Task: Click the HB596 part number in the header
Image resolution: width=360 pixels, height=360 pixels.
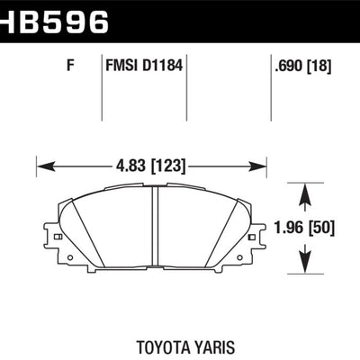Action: pyautogui.click(x=53, y=21)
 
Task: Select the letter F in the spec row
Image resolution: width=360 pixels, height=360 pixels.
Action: pyautogui.click(x=70, y=65)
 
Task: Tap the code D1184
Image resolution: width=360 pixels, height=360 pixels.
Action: pyautogui.click(x=162, y=65)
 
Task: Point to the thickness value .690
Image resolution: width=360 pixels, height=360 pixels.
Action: pyautogui.click(x=289, y=66)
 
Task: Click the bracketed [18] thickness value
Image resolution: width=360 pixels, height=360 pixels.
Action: pyautogui.click(x=319, y=66)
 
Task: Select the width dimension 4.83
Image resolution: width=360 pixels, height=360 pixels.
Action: pyautogui.click(x=132, y=166)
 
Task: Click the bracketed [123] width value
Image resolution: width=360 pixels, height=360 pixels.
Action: pyautogui.click(x=169, y=166)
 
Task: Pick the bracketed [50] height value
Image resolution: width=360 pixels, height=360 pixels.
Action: pyautogui.click(x=322, y=229)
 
